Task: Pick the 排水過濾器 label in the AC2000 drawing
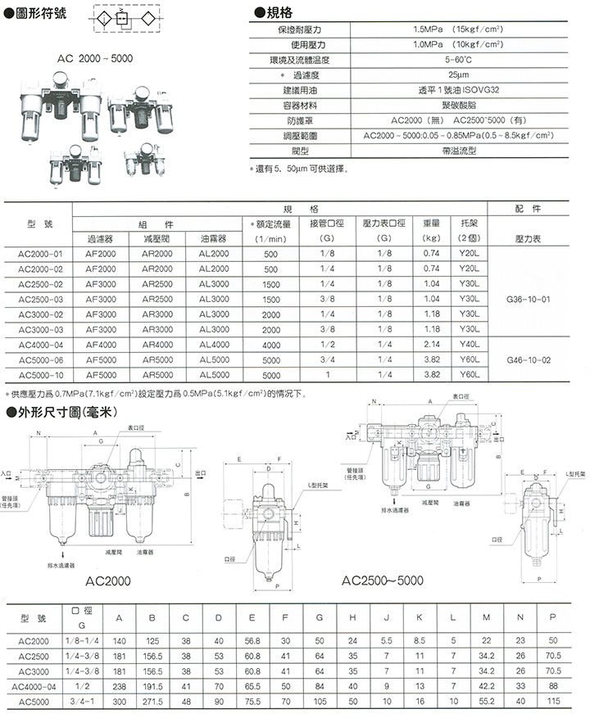tap(61, 564)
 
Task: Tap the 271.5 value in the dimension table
tap(152, 702)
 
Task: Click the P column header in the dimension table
tap(553, 616)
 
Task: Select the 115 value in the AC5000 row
tap(553, 702)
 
